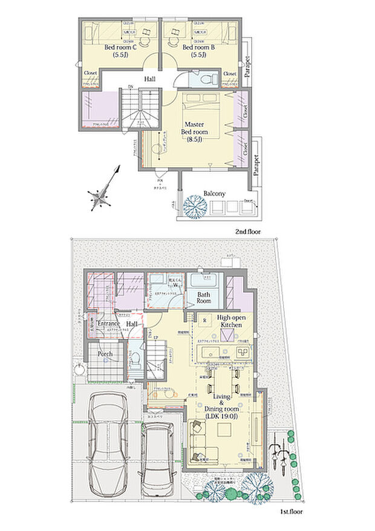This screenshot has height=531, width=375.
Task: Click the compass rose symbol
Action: pos(99,196)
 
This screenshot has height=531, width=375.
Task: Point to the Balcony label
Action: pos(214,193)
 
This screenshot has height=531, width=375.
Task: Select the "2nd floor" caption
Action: pos(248,232)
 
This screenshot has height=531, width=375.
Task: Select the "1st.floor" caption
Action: pos(292,512)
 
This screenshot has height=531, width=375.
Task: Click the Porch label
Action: pos(106,352)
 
